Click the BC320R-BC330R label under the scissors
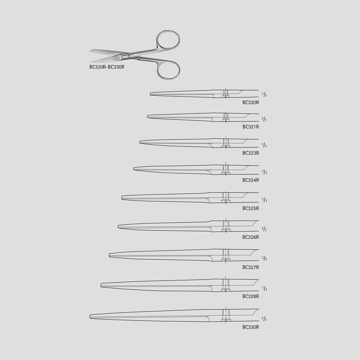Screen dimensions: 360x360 (107, 67)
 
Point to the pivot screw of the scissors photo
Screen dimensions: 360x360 (129, 56)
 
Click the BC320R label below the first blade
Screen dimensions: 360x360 (251, 103)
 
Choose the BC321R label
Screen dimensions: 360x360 (251, 127)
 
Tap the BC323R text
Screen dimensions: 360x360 (251, 153)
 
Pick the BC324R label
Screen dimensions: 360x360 (251, 180)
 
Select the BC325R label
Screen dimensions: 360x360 (251, 208)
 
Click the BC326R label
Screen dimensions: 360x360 (251, 237)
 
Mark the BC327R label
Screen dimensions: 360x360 (251, 267)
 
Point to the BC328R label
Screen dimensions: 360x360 (251, 296)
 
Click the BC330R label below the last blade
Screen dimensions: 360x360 (251, 327)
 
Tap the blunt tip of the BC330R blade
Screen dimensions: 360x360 (90, 317)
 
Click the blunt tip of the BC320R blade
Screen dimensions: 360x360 (150, 94)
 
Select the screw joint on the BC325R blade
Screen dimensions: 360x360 (226, 197)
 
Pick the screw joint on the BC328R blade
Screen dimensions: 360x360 (226, 285)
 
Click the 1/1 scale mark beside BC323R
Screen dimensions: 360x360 (264, 145)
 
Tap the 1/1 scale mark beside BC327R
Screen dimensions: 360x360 (264, 258)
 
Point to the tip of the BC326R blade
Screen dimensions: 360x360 (118, 227)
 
